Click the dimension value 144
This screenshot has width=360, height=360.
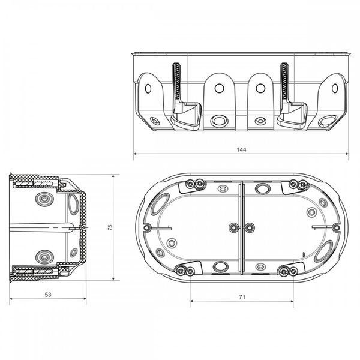coord(241,150)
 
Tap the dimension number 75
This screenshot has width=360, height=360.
coord(110,227)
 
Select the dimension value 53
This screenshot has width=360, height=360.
coord(48,295)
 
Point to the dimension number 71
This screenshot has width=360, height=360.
coord(242,297)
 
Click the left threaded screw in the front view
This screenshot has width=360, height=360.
coord(176,83)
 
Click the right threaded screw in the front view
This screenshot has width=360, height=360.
coord(284,83)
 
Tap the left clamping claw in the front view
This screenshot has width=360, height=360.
coord(186,116)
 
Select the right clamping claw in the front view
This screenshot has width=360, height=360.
coord(292,115)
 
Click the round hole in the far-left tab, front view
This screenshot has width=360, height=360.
coord(148,89)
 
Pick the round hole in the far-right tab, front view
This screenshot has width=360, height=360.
coord(335,88)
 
